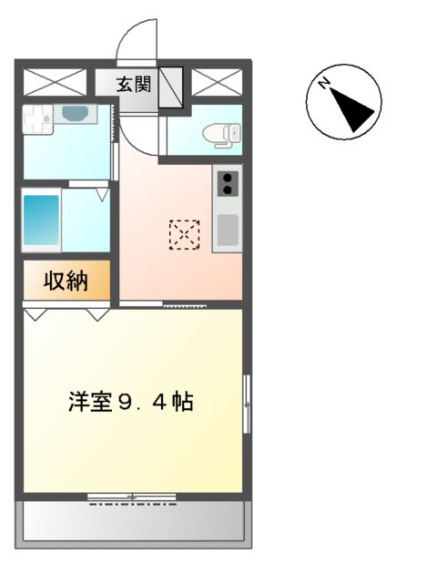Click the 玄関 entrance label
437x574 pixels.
[133, 84]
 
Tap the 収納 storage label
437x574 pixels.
[66, 282]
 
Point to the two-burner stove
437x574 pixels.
[228, 183]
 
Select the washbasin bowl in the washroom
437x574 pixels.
[74, 115]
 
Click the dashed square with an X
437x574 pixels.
[184, 234]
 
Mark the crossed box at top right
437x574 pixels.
[216, 82]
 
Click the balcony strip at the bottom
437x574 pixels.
[133, 521]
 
